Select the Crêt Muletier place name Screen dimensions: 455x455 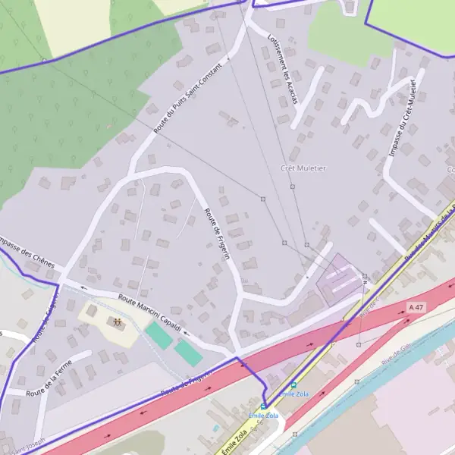pos(303,168)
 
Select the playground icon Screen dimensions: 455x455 pos(118,322)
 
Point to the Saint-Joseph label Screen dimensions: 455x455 pos(27,442)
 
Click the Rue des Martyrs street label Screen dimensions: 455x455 pos(429,236)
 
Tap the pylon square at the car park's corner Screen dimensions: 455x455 pos(365,276)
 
